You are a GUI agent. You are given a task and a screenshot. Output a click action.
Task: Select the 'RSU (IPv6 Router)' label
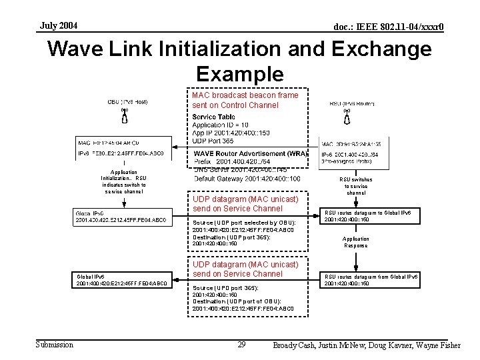click(351, 103)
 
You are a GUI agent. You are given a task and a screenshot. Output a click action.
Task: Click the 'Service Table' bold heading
click(213, 117)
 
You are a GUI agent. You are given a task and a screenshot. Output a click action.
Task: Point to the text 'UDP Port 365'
click(213, 141)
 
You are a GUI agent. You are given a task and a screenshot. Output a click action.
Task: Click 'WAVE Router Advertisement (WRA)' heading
click(251, 153)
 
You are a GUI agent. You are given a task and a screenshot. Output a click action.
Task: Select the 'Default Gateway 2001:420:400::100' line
click(247, 179)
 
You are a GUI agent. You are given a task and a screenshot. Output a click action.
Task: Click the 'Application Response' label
click(355, 242)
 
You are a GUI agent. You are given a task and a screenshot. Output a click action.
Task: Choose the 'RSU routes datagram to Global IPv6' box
click(371, 215)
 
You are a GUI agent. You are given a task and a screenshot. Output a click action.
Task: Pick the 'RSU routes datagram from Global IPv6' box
click(371, 279)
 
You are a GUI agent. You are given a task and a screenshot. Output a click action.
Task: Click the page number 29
click(241, 344)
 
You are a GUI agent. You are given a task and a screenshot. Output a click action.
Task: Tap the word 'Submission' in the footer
click(55, 344)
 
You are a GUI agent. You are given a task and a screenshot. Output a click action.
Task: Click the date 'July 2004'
click(59, 26)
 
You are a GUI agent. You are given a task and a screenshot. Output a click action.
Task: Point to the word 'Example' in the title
click(240, 73)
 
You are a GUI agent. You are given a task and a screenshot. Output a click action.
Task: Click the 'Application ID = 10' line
click(220, 125)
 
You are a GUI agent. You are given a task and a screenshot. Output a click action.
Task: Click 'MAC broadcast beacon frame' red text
click(245, 95)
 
